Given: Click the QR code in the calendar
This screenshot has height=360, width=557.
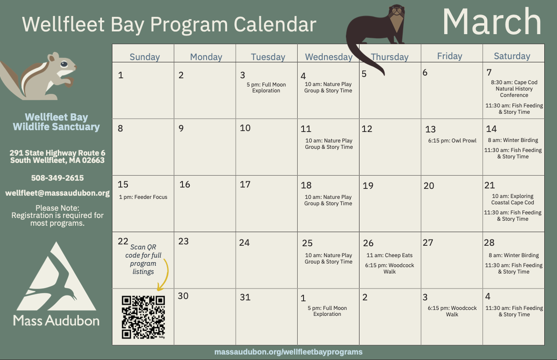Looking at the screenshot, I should coord(143,317).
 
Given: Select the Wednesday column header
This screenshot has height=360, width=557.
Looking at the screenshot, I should coord(329,57).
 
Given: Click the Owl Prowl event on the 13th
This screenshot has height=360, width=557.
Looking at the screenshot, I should coord(452,141).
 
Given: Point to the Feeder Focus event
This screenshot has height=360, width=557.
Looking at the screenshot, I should coord(143,197).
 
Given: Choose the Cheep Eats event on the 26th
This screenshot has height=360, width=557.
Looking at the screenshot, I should coord(390,255).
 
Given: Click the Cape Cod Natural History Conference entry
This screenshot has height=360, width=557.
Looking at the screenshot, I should coord(514,89).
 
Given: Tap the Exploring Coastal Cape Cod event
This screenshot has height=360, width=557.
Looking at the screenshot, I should coord(512,199).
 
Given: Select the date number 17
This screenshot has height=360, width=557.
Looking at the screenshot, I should coord(245,184).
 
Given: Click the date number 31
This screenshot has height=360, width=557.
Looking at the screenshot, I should coord(245,297).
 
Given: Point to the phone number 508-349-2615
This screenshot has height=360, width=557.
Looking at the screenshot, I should coord(57,178).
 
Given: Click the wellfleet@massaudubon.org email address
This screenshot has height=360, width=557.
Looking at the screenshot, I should coord(57,193).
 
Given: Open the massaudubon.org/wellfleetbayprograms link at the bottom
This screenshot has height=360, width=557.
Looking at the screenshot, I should coord(289,352).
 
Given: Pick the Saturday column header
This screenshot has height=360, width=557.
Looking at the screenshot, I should coord(512,56).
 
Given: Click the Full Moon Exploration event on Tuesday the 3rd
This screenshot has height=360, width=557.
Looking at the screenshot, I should coord(266,87).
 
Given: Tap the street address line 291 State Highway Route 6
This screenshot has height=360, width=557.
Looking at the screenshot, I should coord(57,153).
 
